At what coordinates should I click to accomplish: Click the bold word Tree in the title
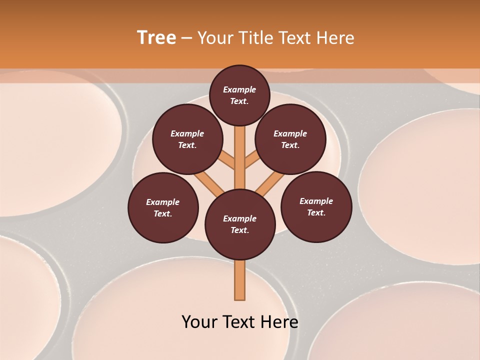[156, 38]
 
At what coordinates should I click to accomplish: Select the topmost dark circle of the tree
[239, 95]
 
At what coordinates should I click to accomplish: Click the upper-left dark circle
[187, 139]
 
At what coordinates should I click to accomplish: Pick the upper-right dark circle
[290, 139]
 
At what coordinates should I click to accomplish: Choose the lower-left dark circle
[163, 207]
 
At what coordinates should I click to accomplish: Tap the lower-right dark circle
[316, 206]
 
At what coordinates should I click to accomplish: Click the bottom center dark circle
[240, 224]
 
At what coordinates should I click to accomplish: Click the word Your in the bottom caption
[199, 322]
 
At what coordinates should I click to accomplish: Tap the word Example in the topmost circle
[239, 89]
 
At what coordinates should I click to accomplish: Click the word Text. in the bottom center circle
[240, 230]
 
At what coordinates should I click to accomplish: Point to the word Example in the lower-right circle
[316, 201]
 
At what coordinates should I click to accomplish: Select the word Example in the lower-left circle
[163, 202]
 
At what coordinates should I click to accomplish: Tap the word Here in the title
[338, 38]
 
